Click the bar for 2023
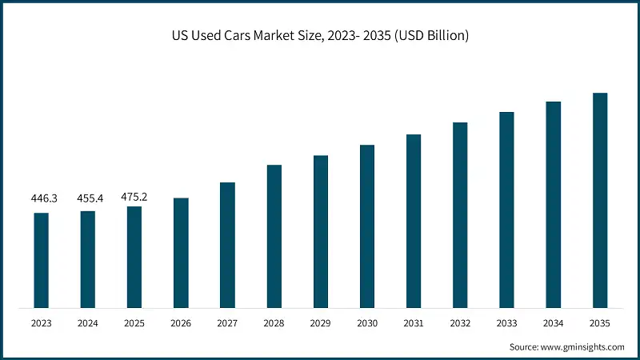tap(41, 260)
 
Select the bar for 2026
tap(181, 253)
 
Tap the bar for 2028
tap(274, 236)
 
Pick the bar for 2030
tap(367, 226)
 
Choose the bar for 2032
tap(460, 215)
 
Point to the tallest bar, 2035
tap(600, 200)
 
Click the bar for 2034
tap(554, 205)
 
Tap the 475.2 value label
tap(134, 196)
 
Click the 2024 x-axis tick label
tap(87, 322)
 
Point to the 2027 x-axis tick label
tap(227, 322)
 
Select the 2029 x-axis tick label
tap(320, 322)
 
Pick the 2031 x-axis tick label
tap(414, 322)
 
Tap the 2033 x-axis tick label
tap(506, 322)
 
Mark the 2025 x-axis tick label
tap(134, 322)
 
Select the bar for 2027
tap(227, 245)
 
